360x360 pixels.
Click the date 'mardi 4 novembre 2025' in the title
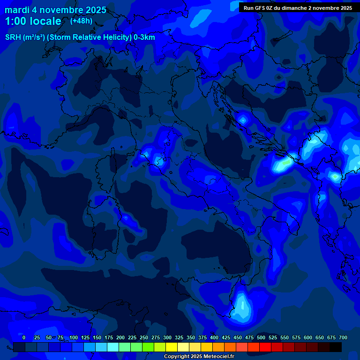click(x=55, y=10)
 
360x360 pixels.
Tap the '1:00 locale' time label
click(x=33, y=21)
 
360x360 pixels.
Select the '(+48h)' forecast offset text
click(x=81, y=21)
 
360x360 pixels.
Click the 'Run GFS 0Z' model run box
click(x=298, y=8)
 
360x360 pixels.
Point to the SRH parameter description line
click(x=80, y=37)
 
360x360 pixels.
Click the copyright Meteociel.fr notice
click(x=199, y=356)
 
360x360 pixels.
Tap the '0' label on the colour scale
click(x=24, y=337)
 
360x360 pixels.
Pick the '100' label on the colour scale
click(x=74, y=337)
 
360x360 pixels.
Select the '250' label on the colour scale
click(x=144, y=337)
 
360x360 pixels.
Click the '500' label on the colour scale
click(x=261, y=337)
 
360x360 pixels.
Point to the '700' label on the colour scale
click(x=343, y=337)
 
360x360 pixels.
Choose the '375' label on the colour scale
click(x=202, y=337)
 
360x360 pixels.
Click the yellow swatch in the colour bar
click(x=172, y=347)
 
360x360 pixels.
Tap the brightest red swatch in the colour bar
click(x=265, y=347)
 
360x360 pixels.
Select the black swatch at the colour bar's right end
click(x=336, y=347)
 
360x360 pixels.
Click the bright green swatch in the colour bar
click(x=148, y=347)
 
